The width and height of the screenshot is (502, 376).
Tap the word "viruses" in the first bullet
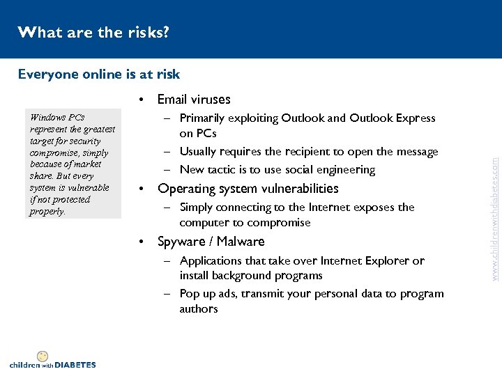pos(207,100)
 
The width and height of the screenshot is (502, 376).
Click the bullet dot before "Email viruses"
pos(142,100)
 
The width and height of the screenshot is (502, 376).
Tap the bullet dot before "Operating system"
pos(142,189)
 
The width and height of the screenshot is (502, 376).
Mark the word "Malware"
pos(241,242)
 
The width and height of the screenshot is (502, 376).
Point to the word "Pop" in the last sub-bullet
pos(190,294)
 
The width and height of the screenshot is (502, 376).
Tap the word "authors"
pos(199,308)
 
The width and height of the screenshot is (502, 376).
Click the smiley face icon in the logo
pos(43,356)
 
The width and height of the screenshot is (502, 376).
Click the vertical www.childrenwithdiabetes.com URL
pos(494,209)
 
